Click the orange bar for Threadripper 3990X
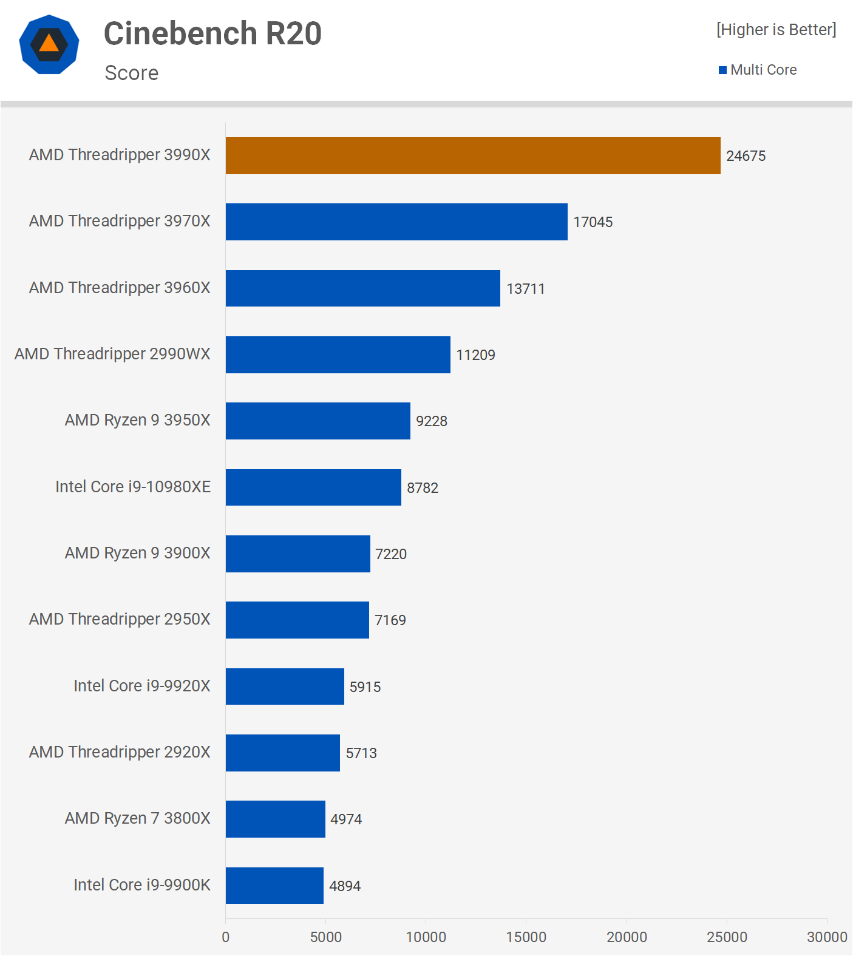point(473,155)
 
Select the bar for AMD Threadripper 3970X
point(396,222)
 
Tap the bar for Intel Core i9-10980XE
point(313,487)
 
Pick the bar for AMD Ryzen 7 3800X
point(275,819)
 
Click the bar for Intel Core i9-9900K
point(274,885)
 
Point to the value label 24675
point(746,156)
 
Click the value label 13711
point(525,289)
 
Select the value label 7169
point(390,620)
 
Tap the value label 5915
point(365,687)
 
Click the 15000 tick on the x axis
point(526,937)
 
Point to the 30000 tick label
point(826,937)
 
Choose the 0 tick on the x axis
point(226,937)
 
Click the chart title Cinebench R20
point(212,33)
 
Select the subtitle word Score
point(132,73)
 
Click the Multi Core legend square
point(722,70)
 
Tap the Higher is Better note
point(776,30)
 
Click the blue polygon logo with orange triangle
point(49,44)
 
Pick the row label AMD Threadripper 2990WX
point(112,354)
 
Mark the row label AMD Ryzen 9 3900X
point(137,553)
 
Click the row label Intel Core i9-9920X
point(141,686)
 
